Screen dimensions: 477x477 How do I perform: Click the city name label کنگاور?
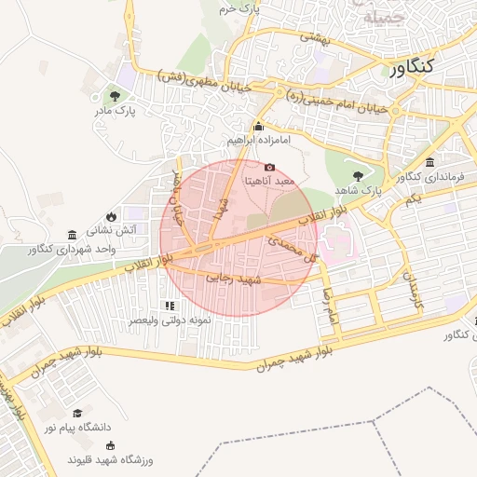pyautogui.click(x=411, y=68)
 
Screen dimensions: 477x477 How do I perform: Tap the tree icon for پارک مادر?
pyautogui.click(x=115, y=95)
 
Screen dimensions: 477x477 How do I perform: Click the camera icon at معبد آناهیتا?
pyautogui.click(x=270, y=166)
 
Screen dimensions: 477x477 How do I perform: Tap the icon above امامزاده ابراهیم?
pyautogui.click(x=259, y=126)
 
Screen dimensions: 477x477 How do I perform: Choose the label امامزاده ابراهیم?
pyautogui.click(x=259, y=140)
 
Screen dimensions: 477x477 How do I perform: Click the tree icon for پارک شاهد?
pyautogui.click(x=358, y=175)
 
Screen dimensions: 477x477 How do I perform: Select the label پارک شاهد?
pyautogui.click(x=359, y=190)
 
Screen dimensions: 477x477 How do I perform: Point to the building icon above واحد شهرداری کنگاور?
pyautogui.click(x=73, y=234)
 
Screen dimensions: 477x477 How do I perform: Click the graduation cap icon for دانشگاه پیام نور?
pyautogui.click(x=77, y=412)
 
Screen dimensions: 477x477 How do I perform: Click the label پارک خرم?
pyautogui.click(x=237, y=8)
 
